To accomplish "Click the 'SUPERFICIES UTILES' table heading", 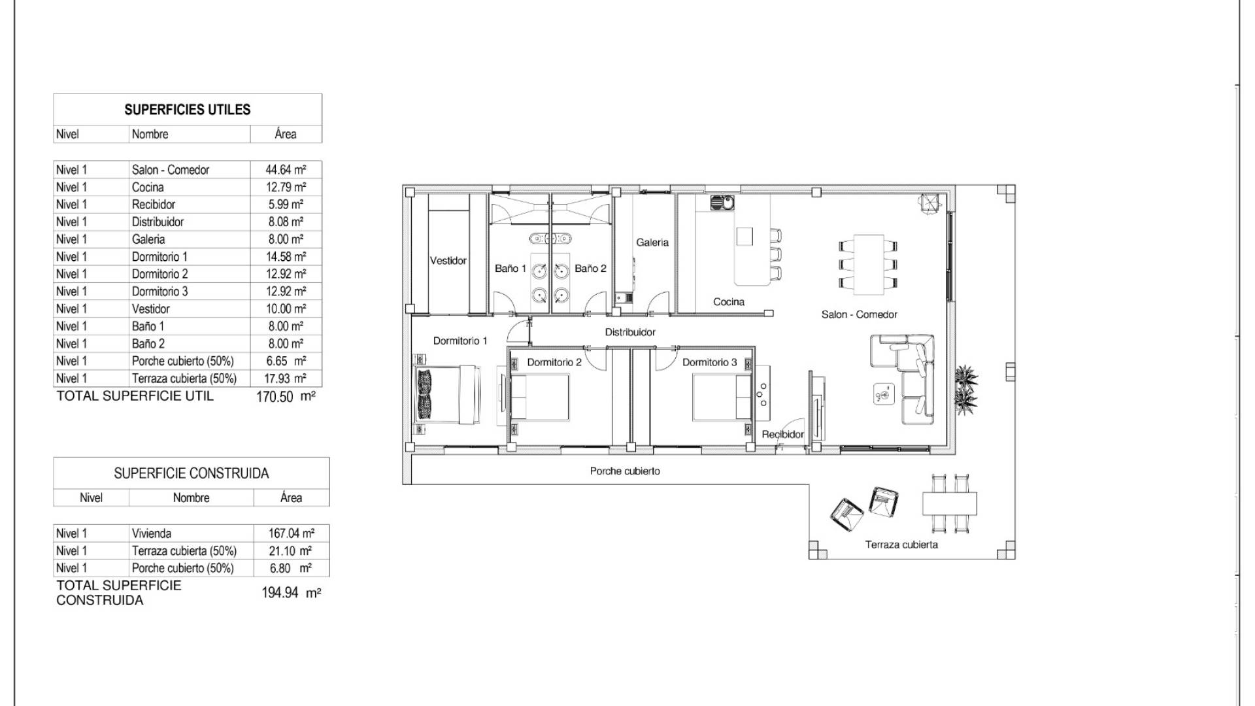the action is tap(188, 110).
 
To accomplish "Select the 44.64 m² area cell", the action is tap(286, 170).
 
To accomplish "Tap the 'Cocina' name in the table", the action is tap(148, 187).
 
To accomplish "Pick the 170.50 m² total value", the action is tap(286, 396).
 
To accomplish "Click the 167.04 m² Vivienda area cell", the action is tap(291, 533).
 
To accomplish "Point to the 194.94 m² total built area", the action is tap(291, 593).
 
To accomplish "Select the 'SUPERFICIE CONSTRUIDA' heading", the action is tap(192, 473).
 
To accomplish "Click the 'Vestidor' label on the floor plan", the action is tap(448, 261).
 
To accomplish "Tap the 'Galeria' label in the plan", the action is tap(652, 243).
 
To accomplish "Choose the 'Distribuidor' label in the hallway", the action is tap(630, 332).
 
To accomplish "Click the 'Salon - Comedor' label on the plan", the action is tap(859, 314).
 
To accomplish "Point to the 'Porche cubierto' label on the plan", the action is tap(625, 471).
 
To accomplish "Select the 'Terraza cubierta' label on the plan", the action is tap(901, 545).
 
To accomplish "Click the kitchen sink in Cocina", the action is tap(722, 203).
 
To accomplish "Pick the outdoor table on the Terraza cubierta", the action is tap(950, 504).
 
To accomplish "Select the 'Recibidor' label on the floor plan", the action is tap(783, 434).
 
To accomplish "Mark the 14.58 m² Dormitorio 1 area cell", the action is tap(286, 257).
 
